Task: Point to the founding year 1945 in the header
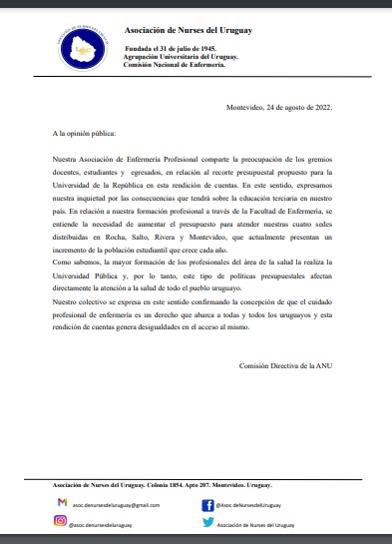coord(206,48)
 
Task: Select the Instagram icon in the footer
coord(61,521)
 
